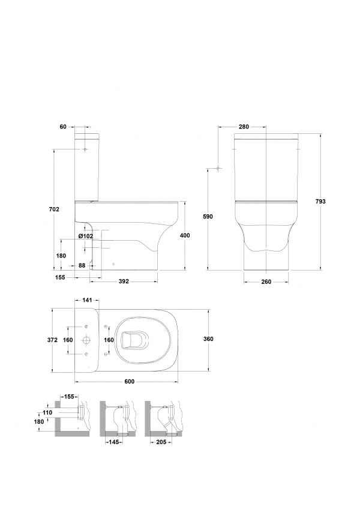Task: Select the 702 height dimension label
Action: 54,209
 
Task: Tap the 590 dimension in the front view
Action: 208,217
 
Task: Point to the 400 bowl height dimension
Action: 185,235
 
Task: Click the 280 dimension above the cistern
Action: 244,127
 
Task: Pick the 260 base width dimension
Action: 266,282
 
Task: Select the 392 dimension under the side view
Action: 124,281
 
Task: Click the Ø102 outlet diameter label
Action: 86,236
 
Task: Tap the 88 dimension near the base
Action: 82,265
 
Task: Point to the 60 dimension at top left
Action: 63,127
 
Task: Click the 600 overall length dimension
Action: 130,381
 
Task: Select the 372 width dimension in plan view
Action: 52,340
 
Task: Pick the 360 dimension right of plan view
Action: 208,339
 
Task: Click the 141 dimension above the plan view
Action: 87,300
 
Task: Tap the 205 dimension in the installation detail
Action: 161,442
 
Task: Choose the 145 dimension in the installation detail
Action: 115,442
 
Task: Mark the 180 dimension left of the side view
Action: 61,256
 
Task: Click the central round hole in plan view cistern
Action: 86,340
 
